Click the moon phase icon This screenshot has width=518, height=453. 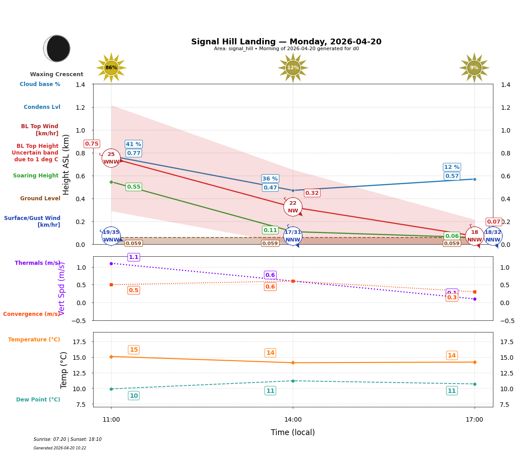[57, 48]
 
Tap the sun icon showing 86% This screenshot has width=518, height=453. [111, 68]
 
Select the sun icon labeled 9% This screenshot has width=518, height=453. [474, 68]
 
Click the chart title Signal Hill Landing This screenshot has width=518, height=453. [286, 42]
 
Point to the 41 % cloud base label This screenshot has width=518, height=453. [133, 144]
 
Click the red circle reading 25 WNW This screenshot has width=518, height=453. [111, 158]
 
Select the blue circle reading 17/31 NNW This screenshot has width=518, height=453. [293, 236]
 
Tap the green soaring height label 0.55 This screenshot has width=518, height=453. [133, 187]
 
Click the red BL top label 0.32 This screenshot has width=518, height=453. [312, 193]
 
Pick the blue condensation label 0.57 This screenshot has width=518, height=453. [452, 176]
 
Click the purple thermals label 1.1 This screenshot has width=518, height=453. [133, 257]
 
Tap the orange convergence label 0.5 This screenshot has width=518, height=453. [133, 290]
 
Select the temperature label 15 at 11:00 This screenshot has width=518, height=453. [133, 350]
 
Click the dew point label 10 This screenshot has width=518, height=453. [133, 396]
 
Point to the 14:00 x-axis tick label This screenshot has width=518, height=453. [293, 420]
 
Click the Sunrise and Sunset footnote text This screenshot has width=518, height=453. [67, 440]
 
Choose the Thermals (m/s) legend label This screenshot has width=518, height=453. [37, 263]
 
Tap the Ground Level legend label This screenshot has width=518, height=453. [40, 198]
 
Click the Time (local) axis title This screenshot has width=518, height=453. [293, 432]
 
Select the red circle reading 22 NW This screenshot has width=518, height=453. [293, 207]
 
